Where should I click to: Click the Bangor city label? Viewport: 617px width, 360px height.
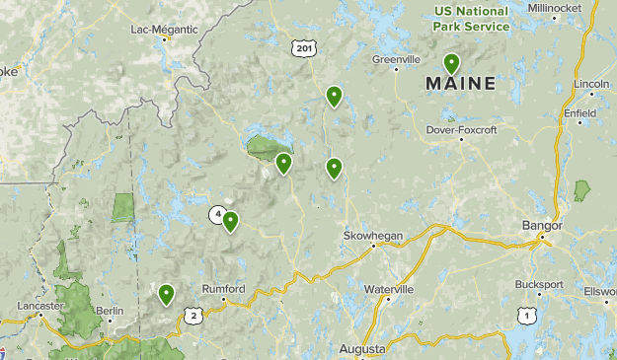[541, 226]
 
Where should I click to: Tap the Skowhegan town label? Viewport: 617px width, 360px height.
[367, 236]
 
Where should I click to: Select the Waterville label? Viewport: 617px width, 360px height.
[388, 289]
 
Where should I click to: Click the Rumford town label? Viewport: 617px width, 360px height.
[222, 289]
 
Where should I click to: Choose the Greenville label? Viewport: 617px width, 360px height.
[397, 59]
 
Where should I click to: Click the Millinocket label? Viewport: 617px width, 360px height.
[581, 8]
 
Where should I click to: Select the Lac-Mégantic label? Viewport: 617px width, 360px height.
[163, 29]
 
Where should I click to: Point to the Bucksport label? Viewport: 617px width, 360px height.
[538, 284]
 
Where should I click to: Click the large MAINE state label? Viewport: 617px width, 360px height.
[461, 85]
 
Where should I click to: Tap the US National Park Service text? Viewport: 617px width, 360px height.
[472, 19]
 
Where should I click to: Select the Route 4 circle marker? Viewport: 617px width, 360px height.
[216, 213]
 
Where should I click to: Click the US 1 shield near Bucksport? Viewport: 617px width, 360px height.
[526, 316]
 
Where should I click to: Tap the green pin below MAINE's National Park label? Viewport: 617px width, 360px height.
[452, 65]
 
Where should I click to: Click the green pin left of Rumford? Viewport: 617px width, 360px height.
[166, 293]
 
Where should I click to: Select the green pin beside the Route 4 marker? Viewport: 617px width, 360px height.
[230, 221]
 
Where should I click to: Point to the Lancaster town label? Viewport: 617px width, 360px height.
[39, 306]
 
